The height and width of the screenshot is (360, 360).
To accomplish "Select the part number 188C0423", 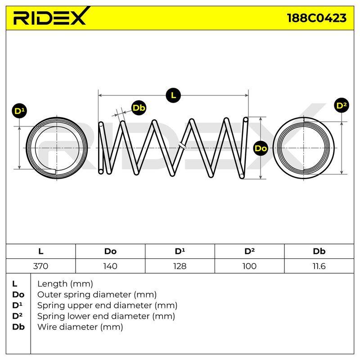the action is coord(317,18).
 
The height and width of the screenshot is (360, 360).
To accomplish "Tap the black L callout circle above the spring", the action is coord(173,95).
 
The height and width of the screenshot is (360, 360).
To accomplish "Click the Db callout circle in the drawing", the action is coord(139,108).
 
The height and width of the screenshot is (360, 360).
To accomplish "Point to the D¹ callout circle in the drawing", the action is coord(19,111).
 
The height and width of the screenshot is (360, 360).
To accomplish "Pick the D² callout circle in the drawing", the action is coord(342,106).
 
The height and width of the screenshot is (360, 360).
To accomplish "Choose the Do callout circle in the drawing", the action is coord(261,148).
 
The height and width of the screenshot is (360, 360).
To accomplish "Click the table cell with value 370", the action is coord(40,266).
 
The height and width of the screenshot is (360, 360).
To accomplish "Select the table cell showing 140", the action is coord(110,266).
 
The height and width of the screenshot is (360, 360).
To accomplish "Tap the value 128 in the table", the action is coord(180,266).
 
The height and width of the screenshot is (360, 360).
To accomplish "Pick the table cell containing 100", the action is coord(249,266).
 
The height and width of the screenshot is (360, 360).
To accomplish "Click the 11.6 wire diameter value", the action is coord(319,266).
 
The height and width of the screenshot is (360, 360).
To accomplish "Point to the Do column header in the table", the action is coord(110,251).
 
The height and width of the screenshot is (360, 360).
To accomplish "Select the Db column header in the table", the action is coord(319,251).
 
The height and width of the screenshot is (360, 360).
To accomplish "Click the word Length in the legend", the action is coord(52,284).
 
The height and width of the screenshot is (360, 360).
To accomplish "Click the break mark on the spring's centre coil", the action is coord(182,145).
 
